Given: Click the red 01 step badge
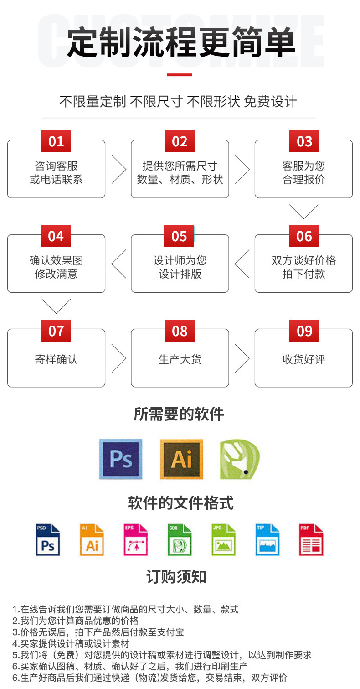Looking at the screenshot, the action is (56, 141).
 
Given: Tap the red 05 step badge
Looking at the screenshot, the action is (180, 236).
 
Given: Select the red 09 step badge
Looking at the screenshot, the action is (304, 331).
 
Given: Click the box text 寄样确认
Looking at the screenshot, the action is (56, 359).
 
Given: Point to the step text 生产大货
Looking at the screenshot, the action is (180, 359).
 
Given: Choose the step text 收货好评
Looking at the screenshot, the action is (303, 359).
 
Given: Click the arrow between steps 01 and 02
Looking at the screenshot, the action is (118, 169).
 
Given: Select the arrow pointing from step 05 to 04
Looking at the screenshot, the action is (118, 264).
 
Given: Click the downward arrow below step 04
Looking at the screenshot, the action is (56, 306).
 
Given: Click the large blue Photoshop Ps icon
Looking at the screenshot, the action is (121, 459).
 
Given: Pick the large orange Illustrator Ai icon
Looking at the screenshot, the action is (181, 459).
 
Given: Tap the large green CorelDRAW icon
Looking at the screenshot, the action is (239, 459).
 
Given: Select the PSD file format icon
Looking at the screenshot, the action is (48, 540).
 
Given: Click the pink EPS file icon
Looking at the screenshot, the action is (136, 540).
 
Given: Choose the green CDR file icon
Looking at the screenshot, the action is (180, 540).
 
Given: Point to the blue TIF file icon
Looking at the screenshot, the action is (267, 540).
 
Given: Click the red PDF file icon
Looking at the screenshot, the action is (311, 540).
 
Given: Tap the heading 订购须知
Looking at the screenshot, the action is (176, 577).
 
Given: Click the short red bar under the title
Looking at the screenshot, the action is (180, 74).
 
